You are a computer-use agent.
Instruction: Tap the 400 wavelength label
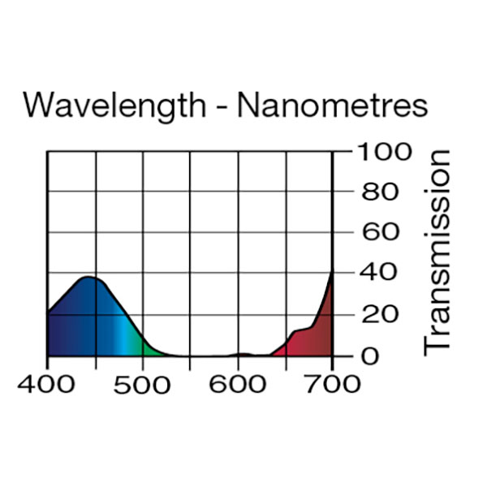coord(47,383)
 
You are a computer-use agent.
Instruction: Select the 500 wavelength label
coord(143,383)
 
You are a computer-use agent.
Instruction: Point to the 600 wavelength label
coord(238,383)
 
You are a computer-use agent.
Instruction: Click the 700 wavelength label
coord(332,383)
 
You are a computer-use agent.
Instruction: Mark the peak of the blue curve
coord(89,278)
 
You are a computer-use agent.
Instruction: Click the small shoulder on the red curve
coord(299,330)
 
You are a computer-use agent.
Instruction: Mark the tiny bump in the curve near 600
coord(241,354)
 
